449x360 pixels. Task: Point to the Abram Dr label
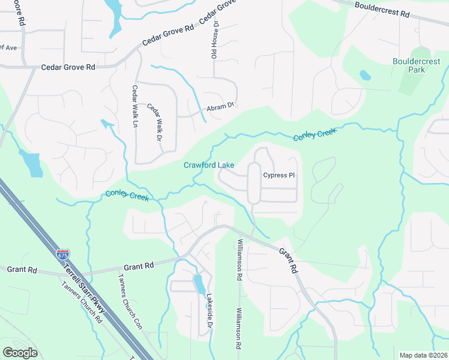click(x=220, y=107)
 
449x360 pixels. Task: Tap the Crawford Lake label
click(x=209, y=165)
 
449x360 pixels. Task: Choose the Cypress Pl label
click(x=279, y=175)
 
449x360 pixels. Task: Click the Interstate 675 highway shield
click(x=63, y=254)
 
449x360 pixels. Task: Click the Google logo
click(x=20, y=353)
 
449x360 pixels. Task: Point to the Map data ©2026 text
click(x=423, y=355)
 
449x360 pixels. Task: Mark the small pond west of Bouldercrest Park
click(x=365, y=76)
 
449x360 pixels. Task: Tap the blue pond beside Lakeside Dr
click(x=199, y=282)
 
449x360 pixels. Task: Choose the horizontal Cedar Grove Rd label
click(x=68, y=68)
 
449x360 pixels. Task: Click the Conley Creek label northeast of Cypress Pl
click(x=315, y=134)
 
